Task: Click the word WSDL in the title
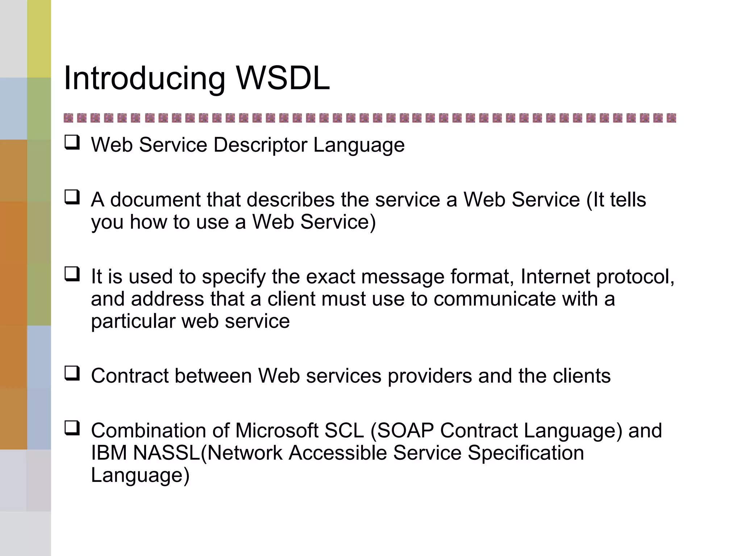[283, 78]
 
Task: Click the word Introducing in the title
[144, 79]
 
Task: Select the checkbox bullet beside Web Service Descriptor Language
[72, 142]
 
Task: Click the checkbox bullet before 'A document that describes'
[72, 197]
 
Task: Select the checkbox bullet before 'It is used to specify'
[72, 274]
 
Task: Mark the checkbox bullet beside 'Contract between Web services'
[72, 373]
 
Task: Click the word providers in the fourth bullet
[430, 376]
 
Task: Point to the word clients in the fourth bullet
[581, 376]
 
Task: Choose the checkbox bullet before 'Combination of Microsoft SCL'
[72, 428]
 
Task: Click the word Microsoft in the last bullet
[277, 431]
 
